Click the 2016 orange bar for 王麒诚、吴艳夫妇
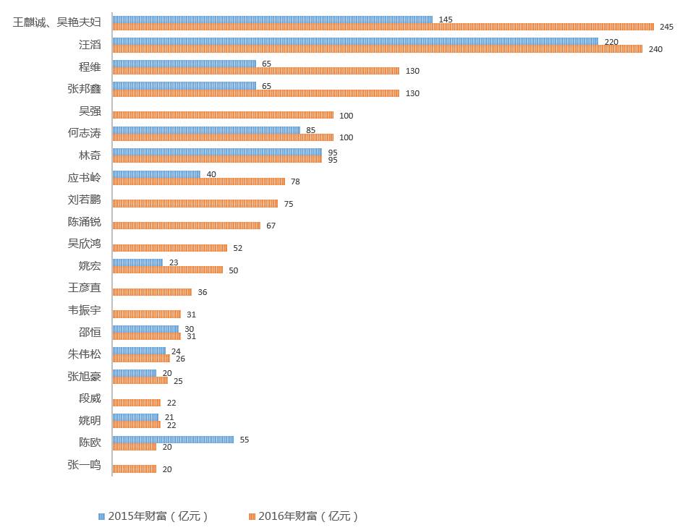coord(383,27)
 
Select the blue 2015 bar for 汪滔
coord(355,41)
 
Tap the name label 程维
coord(90,67)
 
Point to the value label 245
coord(666,27)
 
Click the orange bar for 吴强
coord(223,115)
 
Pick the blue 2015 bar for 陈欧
coord(173,440)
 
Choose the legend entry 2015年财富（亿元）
coord(154,516)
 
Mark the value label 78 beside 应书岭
coord(295,181)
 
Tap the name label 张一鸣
coord(84,464)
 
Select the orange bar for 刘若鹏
coord(195,204)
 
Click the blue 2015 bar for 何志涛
coord(206,130)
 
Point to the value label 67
coord(271,226)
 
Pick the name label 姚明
coord(90,420)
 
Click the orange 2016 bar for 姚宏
coord(168,270)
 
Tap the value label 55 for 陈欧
coord(244,440)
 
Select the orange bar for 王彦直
coord(152,292)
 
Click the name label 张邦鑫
coord(84,89)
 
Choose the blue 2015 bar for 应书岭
coord(156,174)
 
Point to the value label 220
coord(611,42)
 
